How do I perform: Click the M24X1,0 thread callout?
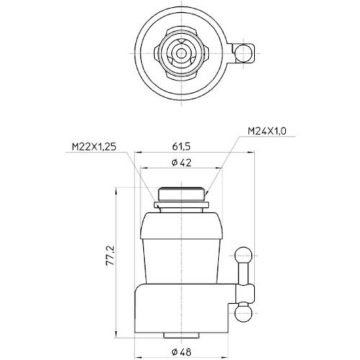coord(267,131)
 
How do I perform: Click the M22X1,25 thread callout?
coord(94,147)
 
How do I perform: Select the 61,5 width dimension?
coord(181,146)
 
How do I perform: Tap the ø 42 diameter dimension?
coord(181,163)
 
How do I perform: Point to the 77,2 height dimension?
coord(110,255)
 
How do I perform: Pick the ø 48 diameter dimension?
coord(181,352)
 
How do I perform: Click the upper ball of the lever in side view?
coord(243,256)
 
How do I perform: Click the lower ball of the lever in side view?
coord(243,313)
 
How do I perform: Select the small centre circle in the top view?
coord(181,53)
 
